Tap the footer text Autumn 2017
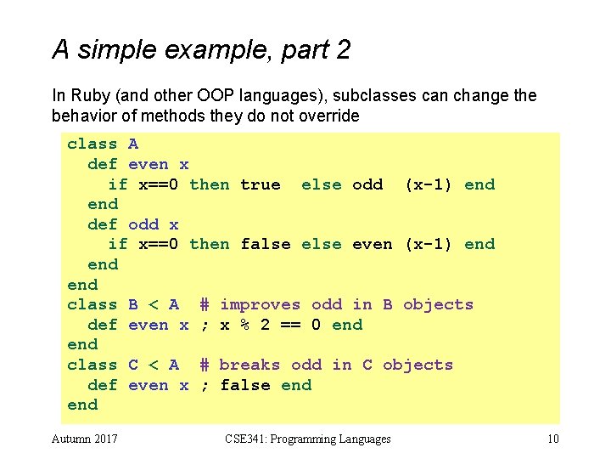pyautogui.click(x=85, y=439)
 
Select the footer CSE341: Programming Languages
pyautogui.click(x=308, y=439)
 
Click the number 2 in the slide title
pyautogui.click(x=343, y=51)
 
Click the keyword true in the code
pyautogui.click(x=261, y=184)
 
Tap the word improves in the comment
pyautogui.click(x=260, y=304)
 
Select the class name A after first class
pyautogui.click(x=133, y=144)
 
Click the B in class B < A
pyautogui.click(x=133, y=304)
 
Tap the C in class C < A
pyautogui.click(x=133, y=365)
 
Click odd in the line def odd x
pyautogui.click(x=143, y=224)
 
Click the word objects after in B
pyautogui.click(x=438, y=304)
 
